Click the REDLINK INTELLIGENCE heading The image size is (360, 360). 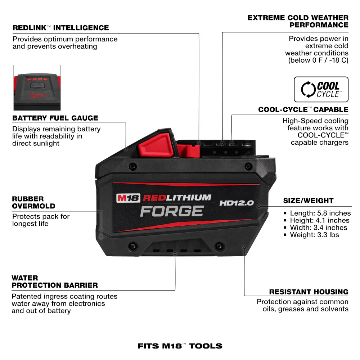pyautogui.click(x=60, y=28)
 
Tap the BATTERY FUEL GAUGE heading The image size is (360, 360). pyautogui.click(x=55, y=118)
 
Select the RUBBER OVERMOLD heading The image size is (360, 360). pyautogui.click(x=33, y=202)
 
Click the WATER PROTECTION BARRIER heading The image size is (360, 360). pyautogui.click(x=54, y=282)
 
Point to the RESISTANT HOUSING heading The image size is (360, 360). pyautogui.click(x=309, y=292)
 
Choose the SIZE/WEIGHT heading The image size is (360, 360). pyautogui.click(x=308, y=201)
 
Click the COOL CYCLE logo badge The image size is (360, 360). pyautogui.click(x=321, y=89)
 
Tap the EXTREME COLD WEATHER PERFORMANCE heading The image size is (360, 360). pyautogui.click(x=298, y=21)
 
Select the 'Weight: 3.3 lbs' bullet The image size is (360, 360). pyautogui.click(x=314, y=235)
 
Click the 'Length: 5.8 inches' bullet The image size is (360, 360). pyautogui.click(x=320, y=213)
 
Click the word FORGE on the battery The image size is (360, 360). pyautogui.click(x=172, y=211)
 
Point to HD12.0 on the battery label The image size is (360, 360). pyautogui.click(x=237, y=203)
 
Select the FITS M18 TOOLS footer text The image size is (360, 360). pyautogui.click(x=180, y=346)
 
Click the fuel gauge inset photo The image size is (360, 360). pyautogui.click(x=37, y=87)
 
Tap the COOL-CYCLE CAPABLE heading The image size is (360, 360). pyautogui.click(x=303, y=109)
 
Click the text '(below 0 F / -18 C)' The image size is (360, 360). pyautogui.click(x=318, y=60)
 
